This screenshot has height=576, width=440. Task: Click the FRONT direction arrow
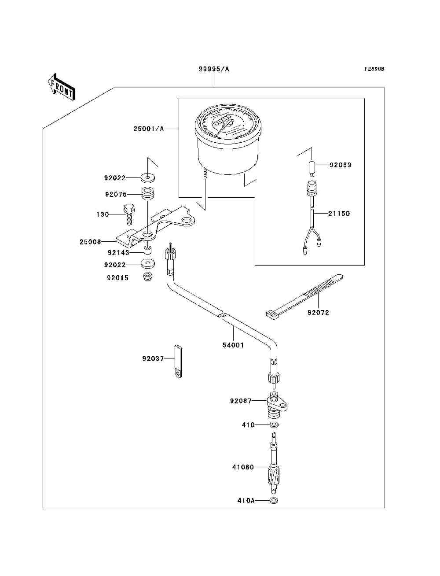(62, 87)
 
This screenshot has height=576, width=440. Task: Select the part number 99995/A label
(214, 69)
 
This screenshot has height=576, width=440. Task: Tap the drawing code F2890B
(374, 69)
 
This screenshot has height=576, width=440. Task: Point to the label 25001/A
(148, 129)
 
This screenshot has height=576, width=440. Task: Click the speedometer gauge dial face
(228, 123)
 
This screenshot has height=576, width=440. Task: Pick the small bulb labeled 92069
(311, 169)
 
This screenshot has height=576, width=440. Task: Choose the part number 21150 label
(339, 213)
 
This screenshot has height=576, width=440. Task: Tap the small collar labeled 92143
(148, 250)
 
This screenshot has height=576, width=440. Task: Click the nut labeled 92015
(148, 277)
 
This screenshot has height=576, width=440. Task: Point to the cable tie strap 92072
(304, 295)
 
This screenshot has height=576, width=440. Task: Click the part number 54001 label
(233, 345)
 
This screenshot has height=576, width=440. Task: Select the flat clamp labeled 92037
(178, 361)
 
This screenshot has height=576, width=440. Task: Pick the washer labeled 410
(274, 425)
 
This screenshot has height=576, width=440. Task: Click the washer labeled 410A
(274, 500)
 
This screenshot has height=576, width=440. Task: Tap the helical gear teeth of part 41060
(274, 476)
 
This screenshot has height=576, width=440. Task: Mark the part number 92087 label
(241, 401)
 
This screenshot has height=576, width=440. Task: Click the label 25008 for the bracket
(90, 242)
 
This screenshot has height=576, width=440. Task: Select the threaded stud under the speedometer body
(205, 174)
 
